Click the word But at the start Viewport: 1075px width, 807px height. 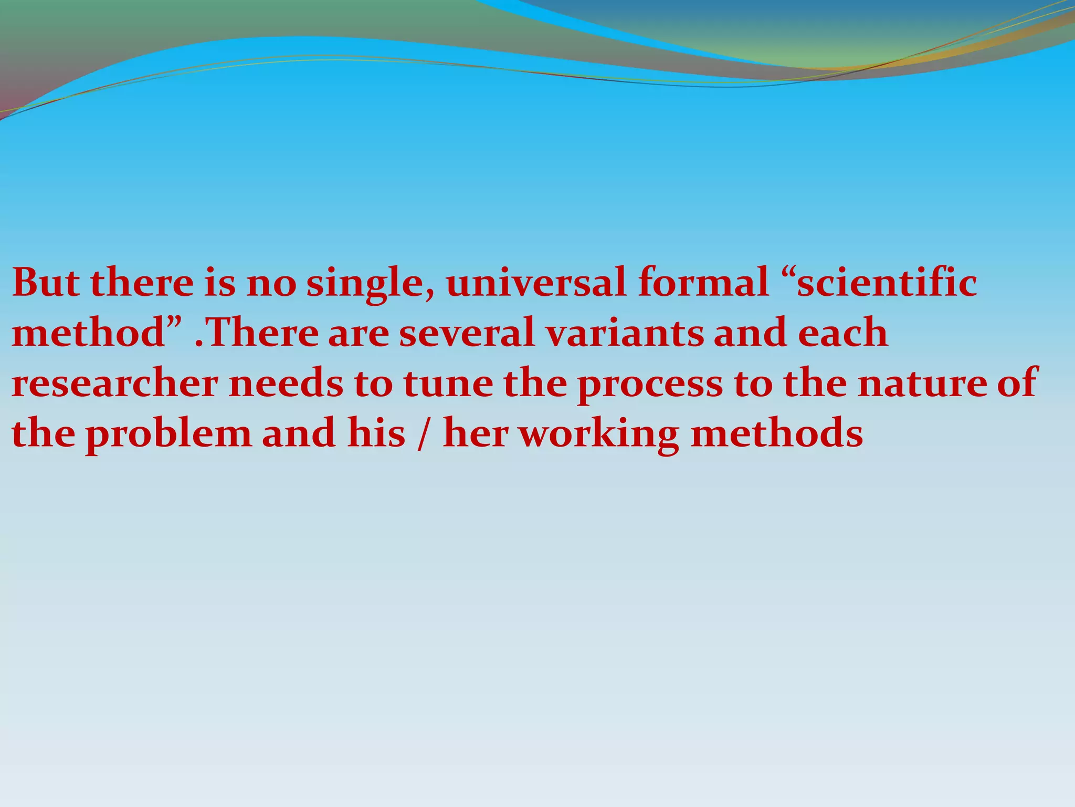(46, 282)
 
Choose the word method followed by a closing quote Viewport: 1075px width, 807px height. (89, 333)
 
